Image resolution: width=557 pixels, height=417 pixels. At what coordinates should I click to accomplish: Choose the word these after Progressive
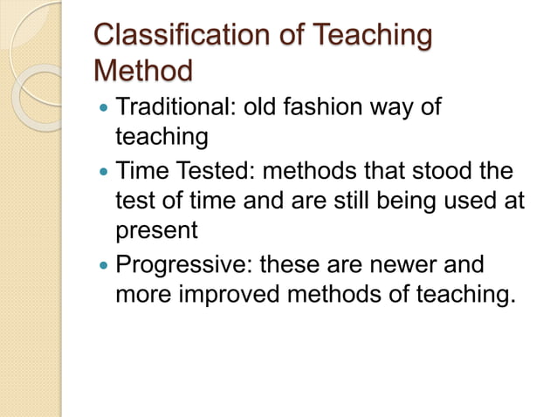[x=296, y=264]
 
